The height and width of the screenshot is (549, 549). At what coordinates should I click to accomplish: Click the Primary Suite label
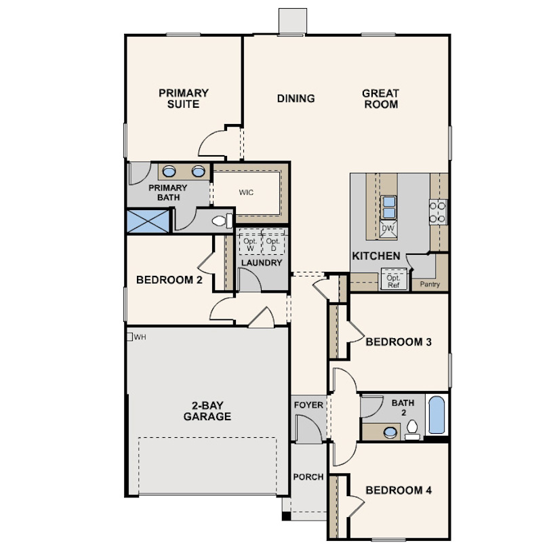point(184,98)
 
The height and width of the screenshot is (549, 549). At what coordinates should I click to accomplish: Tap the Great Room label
point(381,99)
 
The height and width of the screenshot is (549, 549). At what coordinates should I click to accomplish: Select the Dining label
point(296,98)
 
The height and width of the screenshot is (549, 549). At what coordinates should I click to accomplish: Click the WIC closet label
point(246,192)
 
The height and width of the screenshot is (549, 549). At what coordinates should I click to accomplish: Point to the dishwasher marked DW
point(388,228)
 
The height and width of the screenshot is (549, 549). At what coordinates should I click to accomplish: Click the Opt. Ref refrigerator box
point(394,279)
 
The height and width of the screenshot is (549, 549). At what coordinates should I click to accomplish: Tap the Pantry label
point(430,284)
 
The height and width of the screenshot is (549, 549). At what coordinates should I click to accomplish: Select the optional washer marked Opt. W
point(250,242)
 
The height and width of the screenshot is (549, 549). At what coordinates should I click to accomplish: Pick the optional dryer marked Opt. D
point(273,242)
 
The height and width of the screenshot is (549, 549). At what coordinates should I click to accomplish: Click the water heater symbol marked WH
point(129,337)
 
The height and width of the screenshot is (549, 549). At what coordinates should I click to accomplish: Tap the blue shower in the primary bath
point(148,221)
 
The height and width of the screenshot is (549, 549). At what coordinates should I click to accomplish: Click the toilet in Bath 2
point(413,430)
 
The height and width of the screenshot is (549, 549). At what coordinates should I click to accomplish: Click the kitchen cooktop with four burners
point(438,212)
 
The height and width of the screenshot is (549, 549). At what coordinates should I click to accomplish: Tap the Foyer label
point(308,405)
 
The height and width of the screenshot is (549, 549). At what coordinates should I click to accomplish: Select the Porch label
point(308,477)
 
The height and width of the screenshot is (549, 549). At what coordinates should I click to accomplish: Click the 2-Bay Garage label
point(207,411)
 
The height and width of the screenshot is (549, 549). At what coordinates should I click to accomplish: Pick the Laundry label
point(262,262)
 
